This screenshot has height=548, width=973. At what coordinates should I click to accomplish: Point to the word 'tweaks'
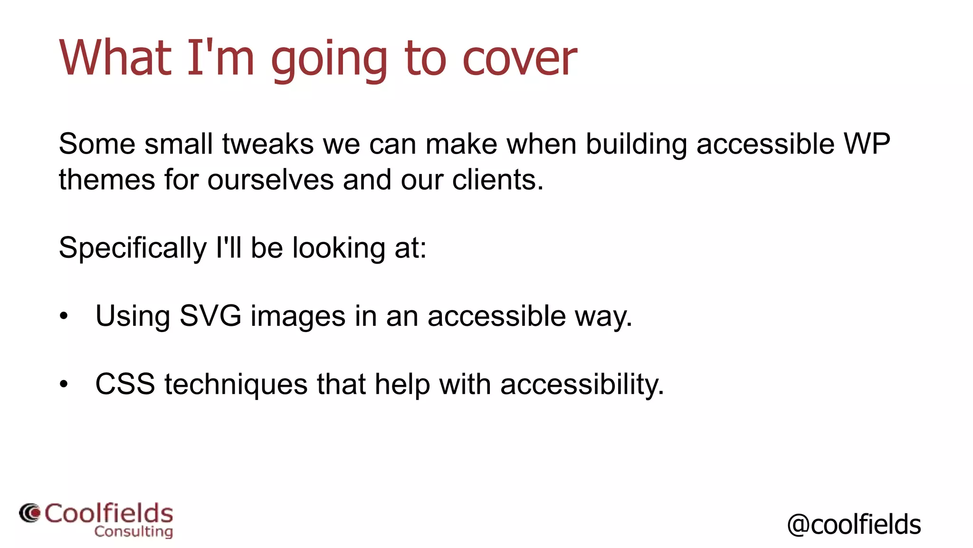pyautogui.click(x=267, y=144)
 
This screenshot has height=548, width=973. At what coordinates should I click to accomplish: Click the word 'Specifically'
pyautogui.click(x=133, y=248)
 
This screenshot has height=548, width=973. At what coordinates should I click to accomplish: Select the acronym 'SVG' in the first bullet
pyautogui.click(x=210, y=316)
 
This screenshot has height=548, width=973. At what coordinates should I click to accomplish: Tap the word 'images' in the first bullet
pyautogui.click(x=298, y=316)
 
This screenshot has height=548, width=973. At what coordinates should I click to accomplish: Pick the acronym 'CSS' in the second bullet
pyautogui.click(x=125, y=384)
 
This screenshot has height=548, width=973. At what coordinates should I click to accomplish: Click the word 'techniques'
pyautogui.click(x=236, y=384)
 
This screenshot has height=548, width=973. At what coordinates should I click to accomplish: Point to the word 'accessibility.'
pyautogui.click(x=582, y=384)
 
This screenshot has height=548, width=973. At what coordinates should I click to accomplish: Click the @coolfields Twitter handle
pyautogui.click(x=854, y=524)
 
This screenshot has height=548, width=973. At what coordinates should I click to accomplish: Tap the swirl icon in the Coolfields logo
pyautogui.click(x=30, y=513)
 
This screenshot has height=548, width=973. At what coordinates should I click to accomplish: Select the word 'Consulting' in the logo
pyautogui.click(x=134, y=531)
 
